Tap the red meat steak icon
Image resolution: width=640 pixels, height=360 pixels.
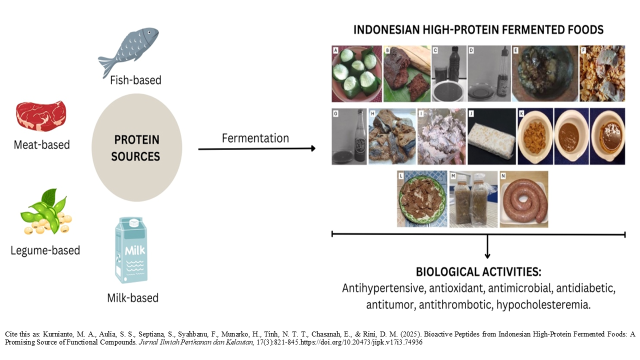coord(41,116)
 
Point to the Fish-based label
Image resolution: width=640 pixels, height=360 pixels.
coord(135,80)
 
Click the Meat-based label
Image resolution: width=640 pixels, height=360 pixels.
coord(42,145)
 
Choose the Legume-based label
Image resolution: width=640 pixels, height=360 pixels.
coord(45,250)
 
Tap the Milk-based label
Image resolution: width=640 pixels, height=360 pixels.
coord(132,298)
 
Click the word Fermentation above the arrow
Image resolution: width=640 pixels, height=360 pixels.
coord(255,138)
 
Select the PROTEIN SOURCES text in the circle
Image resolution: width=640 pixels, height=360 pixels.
coord(135,148)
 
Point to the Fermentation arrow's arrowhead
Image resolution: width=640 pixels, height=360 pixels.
coord(312,148)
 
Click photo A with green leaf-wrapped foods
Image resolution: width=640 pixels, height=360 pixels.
coord(356,73)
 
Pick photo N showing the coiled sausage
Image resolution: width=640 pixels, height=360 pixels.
coord(524,199)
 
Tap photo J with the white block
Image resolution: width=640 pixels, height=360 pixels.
coord(491,136)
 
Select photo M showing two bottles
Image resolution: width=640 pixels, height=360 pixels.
coord(473,199)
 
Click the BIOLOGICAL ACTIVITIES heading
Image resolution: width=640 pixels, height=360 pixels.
coord(478,273)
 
